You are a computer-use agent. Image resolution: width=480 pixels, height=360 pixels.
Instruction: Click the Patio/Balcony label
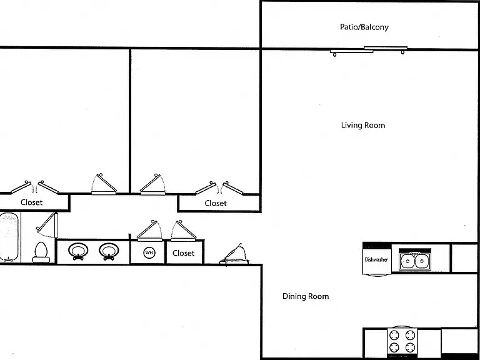(364, 27)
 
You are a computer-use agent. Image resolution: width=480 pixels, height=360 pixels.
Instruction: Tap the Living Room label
(363, 125)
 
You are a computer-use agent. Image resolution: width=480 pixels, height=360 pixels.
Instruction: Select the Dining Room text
(306, 296)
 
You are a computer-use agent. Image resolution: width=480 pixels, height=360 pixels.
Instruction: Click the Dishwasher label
(376, 259)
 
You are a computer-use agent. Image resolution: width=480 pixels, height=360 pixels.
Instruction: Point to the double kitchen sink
(415, 261)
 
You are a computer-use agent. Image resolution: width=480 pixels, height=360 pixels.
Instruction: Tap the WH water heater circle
(149, 253)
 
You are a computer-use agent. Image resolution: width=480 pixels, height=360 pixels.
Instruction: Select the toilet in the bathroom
(41, 252)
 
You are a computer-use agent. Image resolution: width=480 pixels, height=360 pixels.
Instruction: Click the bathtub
(9, 237)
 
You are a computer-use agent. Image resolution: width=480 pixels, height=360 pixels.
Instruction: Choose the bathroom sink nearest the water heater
(109, 251)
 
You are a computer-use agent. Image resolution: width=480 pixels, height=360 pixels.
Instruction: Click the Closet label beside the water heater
(183, 253)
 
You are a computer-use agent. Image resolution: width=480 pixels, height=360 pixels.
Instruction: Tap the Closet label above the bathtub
(31, 202)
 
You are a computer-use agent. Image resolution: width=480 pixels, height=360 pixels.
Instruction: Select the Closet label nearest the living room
(216, 203)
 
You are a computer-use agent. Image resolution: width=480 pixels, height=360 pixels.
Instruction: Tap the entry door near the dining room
(234, 255)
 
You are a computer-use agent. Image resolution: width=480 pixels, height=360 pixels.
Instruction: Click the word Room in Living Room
(375, 125)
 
